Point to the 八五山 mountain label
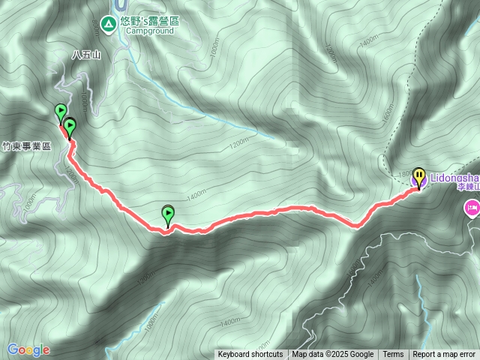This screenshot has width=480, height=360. coord(85,55)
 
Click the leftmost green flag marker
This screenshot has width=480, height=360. coord(60,113)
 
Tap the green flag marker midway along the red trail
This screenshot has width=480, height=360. coord(168,215)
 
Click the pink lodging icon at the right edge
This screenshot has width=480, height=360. coord(472,208)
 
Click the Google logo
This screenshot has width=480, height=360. coord(28,349)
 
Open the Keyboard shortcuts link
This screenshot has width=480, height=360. coord(250,355)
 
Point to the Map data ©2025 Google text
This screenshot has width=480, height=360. coord(333,355)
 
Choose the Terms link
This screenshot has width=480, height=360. coord(393,355)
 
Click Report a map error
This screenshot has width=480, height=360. coord(444,355)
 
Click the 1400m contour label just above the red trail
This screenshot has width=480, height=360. coord(196,196)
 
